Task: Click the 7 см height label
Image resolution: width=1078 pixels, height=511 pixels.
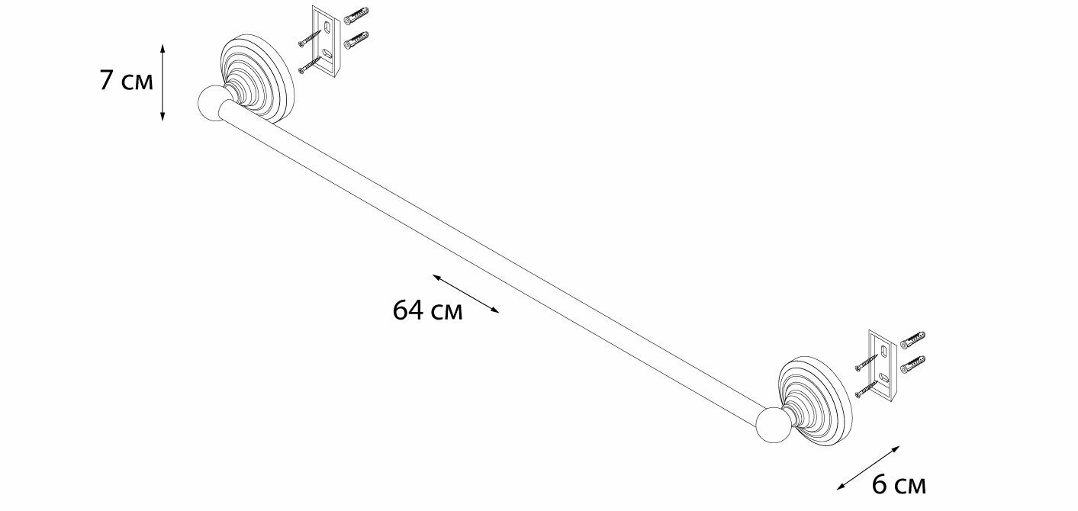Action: [x=126, y=82]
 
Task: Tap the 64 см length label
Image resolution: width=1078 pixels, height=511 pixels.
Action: [x=427, y=310]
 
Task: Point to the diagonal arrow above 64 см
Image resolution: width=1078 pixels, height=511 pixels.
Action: [x=465, y=293]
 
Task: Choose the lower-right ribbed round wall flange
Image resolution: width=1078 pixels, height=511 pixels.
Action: [x=816, y=393]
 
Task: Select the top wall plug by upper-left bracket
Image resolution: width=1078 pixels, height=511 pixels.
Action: [x=356, y=16]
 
